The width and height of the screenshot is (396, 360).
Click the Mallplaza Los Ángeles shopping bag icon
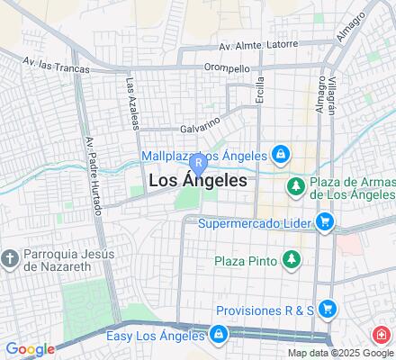pos(281,155)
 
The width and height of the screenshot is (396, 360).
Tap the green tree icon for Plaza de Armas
pos(293,186)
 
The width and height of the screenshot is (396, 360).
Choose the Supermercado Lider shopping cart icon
pos(324,221)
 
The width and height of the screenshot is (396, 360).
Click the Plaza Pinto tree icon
pos(290,261)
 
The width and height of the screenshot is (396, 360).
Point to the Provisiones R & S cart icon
pos(328,308)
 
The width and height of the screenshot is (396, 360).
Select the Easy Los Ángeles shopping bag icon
pos(219,335)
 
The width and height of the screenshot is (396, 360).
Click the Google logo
pos(30,349)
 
